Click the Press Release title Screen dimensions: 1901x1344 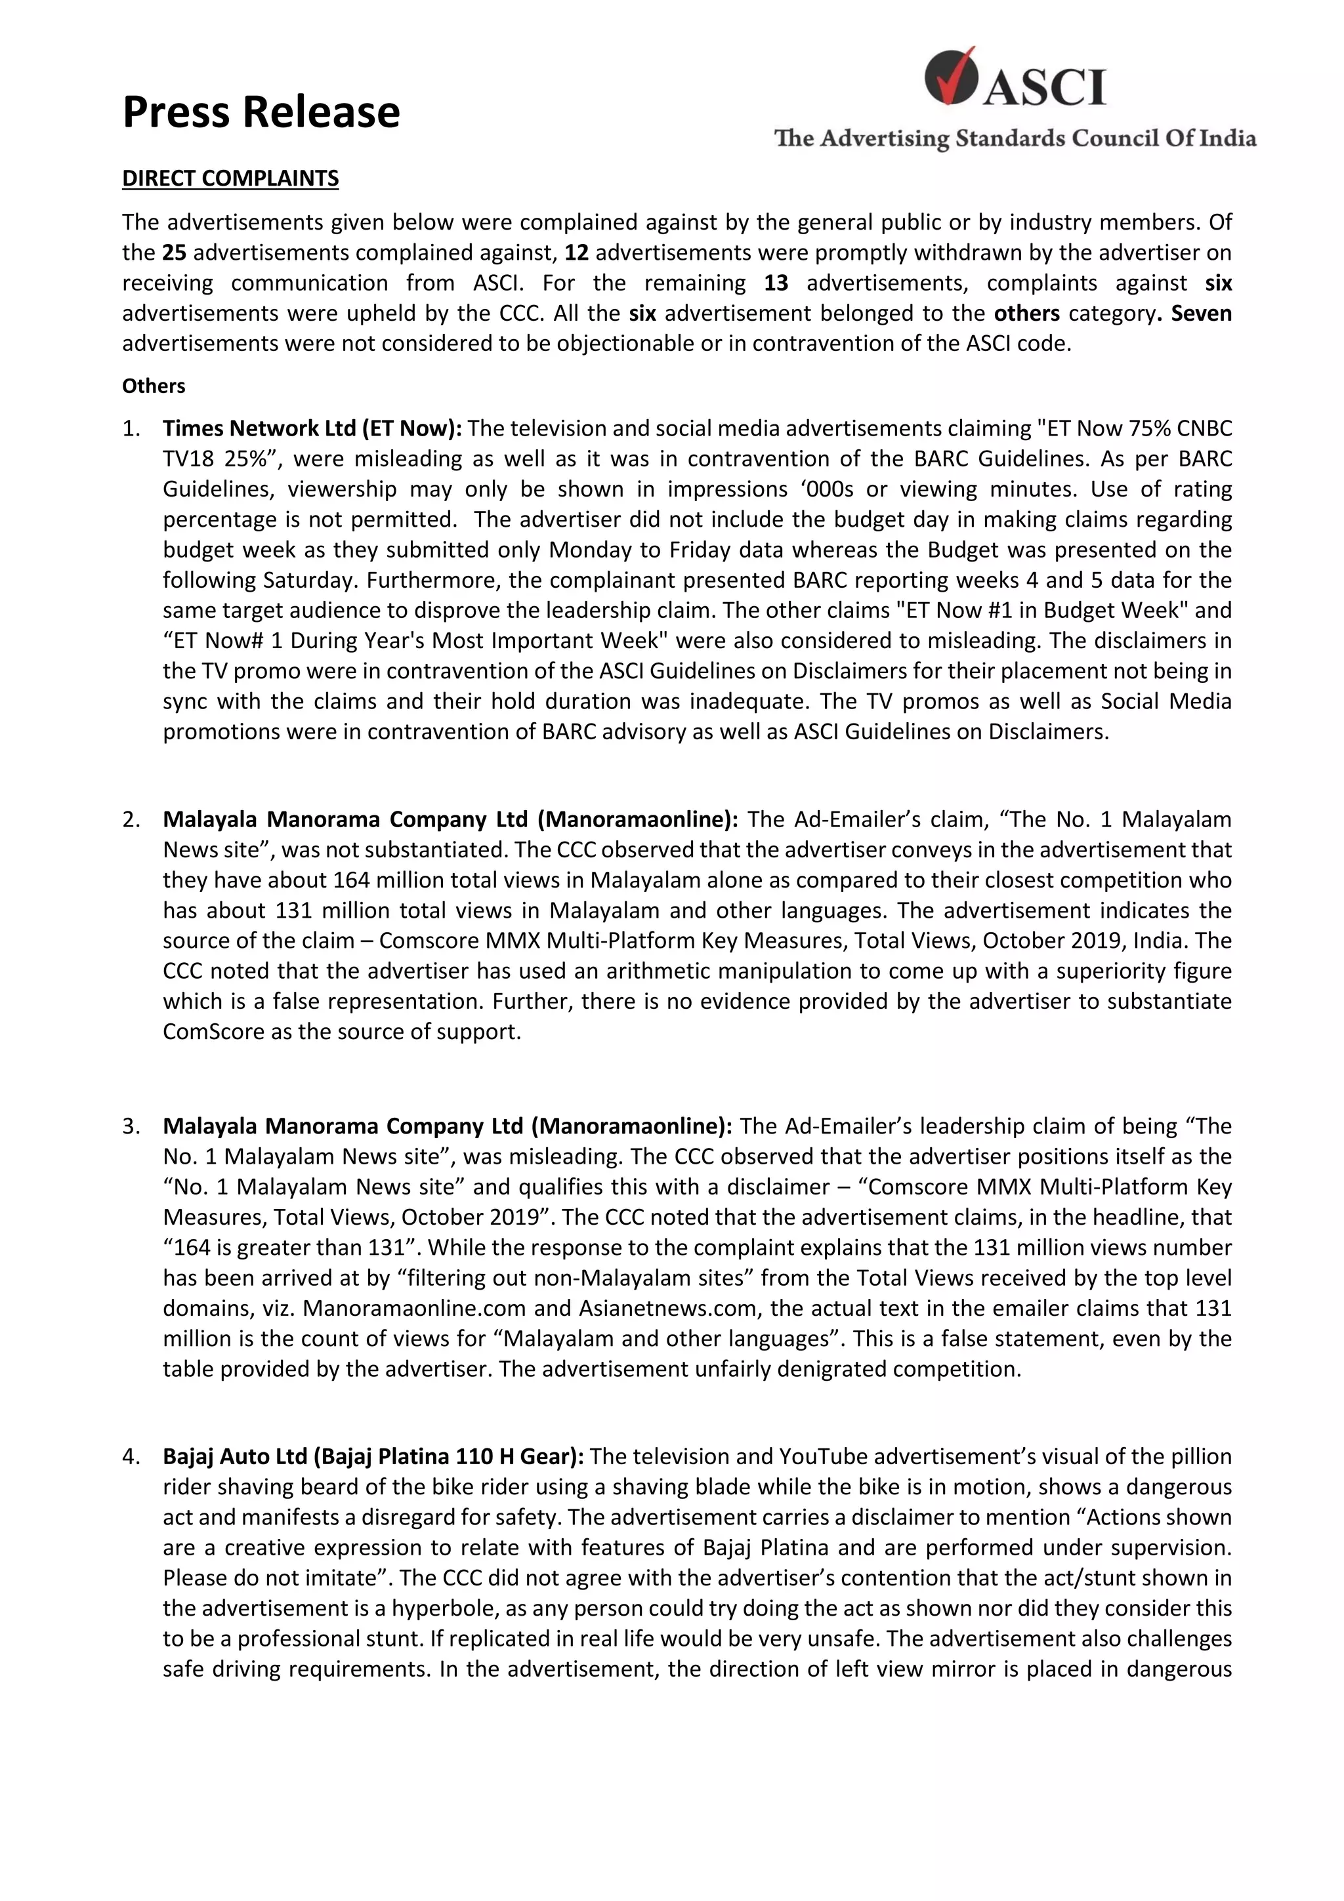[261, 112]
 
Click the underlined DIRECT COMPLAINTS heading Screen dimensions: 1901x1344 [230, 179]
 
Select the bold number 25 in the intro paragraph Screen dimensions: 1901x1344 [174, 253]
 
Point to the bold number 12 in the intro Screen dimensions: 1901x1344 [576, 253]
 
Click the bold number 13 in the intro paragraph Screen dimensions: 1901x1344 [776, 283]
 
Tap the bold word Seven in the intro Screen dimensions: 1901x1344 [1201, 314]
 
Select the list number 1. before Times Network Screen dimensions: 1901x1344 [132, 429]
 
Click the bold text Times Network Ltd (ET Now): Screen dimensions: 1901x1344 [312, 429]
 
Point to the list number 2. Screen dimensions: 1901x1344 [132, 820]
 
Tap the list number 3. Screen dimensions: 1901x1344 [132, 1126]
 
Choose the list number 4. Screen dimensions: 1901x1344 [132, 1456]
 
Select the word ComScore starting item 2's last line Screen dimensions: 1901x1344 [201, 1032]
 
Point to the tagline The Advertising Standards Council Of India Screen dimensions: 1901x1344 [1015, 138]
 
